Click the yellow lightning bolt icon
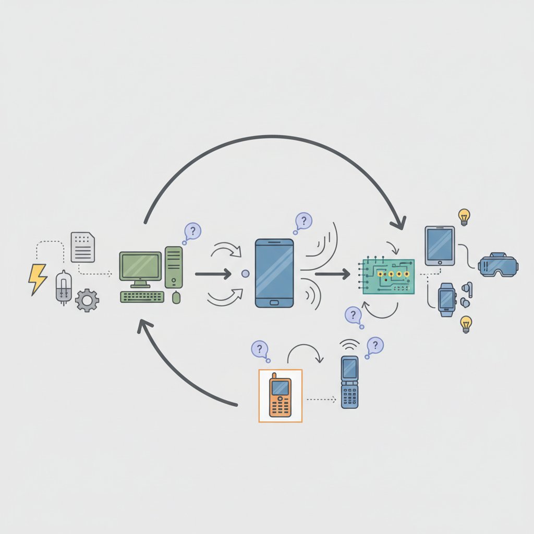tap(37, 279)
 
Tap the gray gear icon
tap(87, 301)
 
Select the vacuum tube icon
tap(63, 287)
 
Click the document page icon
tap(83, 247)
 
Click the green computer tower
tap(174, 267)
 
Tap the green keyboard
tap(142, 297)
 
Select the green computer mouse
tap(176, 298)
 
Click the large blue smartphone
tap(274, 273)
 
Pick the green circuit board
tap(389, 276)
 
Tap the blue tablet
tap(440, 245)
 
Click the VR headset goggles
tap(498, 264)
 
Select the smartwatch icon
tap(446, 299)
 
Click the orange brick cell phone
tap(280, 395)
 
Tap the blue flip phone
tap(349, 382)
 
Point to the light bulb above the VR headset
tap(464, 216)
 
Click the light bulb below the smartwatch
tap(466, 324)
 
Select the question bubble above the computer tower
tap(192, 231)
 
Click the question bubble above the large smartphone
tap(304, 221)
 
